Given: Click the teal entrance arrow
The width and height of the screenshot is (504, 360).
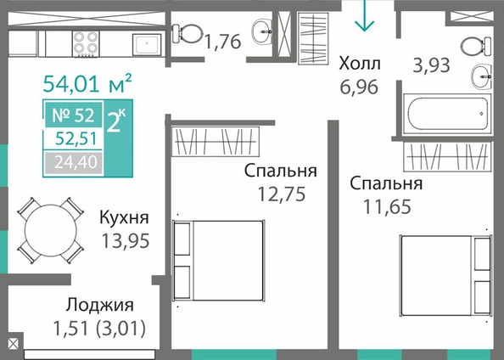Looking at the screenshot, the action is (x=365, y=16).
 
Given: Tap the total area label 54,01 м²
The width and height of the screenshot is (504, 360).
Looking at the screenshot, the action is (x=87, y=83).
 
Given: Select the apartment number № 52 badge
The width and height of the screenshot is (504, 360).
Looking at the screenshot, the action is (x=74, y=115).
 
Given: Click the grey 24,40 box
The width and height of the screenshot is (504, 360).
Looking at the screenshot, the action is (x=74, y=162).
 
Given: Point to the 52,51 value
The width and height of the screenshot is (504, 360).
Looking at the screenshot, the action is (x=76, y=139).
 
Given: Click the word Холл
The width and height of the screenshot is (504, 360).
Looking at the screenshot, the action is (x=360, y=64).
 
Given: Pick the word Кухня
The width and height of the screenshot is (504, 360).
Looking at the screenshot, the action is (x=125, y=217).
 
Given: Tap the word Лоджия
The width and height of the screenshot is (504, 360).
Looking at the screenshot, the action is (x=99, y=305).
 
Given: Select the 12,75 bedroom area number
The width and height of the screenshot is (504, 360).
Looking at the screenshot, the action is (x=282, y=194).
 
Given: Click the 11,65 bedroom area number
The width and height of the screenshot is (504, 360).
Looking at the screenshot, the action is (x=387, y=206).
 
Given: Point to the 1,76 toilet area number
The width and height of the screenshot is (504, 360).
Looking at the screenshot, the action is (x=223, y=42).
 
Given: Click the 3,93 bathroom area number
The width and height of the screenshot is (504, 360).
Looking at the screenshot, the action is (x=431, y=65).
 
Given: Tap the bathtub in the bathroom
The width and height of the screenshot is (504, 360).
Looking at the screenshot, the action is (x=447, y=114).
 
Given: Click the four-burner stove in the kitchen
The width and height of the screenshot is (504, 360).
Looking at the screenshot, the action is (x=86, y=44).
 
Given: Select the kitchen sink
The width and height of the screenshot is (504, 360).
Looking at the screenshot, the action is (x=147, y=45).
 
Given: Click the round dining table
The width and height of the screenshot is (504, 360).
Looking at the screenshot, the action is (x=51, y=230).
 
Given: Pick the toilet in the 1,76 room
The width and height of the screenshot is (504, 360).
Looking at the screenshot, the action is (x=187, y=33).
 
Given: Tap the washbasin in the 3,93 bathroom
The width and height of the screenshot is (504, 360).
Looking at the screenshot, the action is (x=482, y=76).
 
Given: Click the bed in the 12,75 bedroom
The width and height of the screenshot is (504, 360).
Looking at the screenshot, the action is (x=219, y=261).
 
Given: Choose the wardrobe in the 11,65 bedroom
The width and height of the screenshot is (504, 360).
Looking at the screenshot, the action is (x=447, y=157).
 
